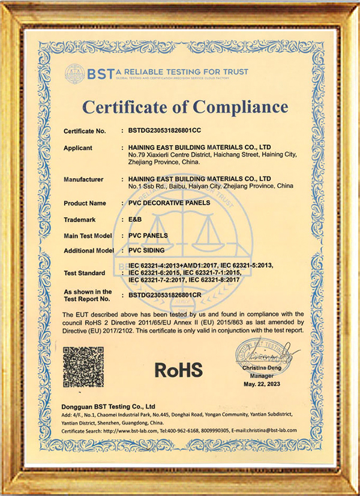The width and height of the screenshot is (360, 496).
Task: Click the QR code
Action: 83,367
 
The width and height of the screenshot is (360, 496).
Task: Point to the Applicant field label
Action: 78,148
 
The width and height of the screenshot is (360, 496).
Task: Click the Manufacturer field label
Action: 83,179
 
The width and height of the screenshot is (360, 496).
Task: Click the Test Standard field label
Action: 83,273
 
